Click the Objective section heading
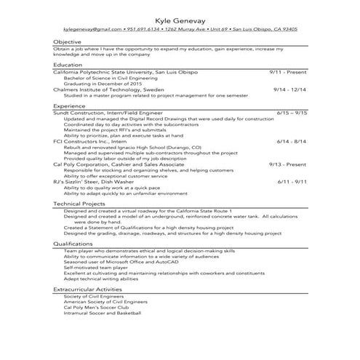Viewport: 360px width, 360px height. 67,42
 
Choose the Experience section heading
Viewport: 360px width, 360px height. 70,106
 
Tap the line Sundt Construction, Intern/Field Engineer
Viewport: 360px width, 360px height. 108,113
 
